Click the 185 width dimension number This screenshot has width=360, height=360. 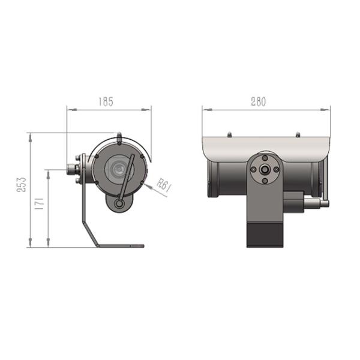[x=106, y=102]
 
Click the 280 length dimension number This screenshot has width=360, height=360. [x=257, y=102]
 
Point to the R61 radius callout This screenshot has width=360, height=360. [x=164, y=185]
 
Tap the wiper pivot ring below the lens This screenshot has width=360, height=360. [x=119, y=204]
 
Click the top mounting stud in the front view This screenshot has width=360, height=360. [x=119, y=137]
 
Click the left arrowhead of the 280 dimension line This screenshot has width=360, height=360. [x=204, y=110]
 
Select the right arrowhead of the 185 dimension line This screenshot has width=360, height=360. [x=149, y=110]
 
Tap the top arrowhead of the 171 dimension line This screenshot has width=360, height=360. [x=48, y=171]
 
